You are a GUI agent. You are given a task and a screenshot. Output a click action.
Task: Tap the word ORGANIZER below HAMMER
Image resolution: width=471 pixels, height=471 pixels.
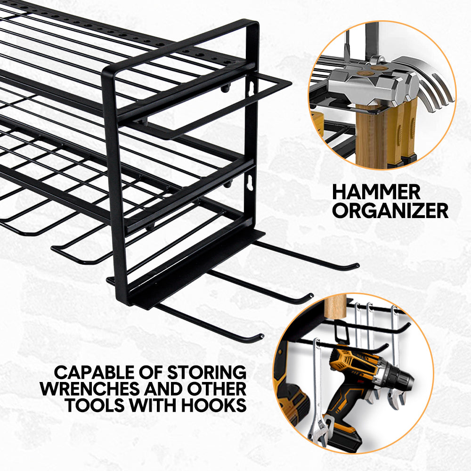click(x=390, y=211)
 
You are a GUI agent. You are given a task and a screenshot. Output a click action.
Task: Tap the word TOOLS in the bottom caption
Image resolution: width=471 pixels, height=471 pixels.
click(x=97, y=406)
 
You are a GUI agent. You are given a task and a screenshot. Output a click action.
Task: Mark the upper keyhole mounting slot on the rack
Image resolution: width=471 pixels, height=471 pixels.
click(x=252, y=89)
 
